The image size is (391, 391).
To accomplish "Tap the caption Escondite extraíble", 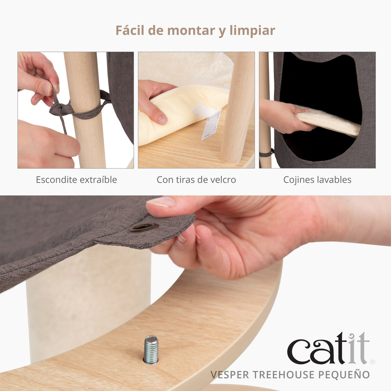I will pyautogui.click(x=76, y=180).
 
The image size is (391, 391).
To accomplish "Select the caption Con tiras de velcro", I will pyautogui.click(x=196, y=180).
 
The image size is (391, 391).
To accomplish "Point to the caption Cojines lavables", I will pyautogui.click(x=317, y=180).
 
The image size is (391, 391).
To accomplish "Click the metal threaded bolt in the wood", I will pyautogui.click(x=151, y=349).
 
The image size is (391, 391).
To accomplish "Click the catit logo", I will pyautogui.click(x=328, y=349).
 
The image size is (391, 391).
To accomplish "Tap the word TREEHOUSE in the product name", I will pyautogui.click(x=283, y=375).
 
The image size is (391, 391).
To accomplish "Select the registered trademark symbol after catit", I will pyautogui.click(x=373, y=362).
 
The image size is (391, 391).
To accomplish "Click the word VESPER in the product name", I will pyautogui.click(x=230, y=375).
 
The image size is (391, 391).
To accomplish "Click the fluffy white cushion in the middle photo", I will pyautogui.click(x=187, y=68).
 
